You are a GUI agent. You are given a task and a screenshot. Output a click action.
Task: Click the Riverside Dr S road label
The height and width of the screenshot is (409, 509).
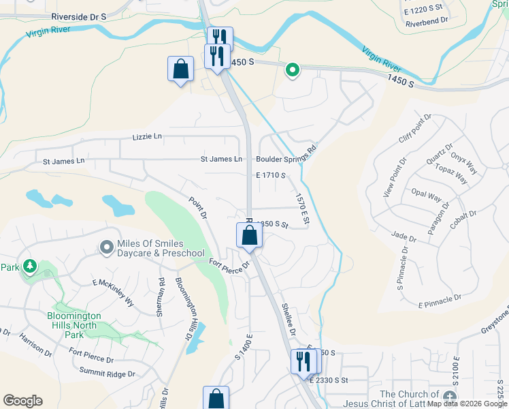(79, 16)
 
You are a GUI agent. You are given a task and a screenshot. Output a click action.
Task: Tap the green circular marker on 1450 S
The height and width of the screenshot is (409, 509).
(293, 70)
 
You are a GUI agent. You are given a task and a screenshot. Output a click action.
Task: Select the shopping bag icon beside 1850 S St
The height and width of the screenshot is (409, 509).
(250, 235)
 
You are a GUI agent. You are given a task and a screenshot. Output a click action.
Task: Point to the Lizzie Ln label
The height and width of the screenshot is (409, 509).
(148, 136)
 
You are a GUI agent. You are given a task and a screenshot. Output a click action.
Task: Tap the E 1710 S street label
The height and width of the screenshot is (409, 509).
(270, 175)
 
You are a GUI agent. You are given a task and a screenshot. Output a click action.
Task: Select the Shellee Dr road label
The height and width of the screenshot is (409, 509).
(289, 319)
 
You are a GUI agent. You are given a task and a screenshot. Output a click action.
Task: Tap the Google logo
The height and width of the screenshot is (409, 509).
(22, 401)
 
